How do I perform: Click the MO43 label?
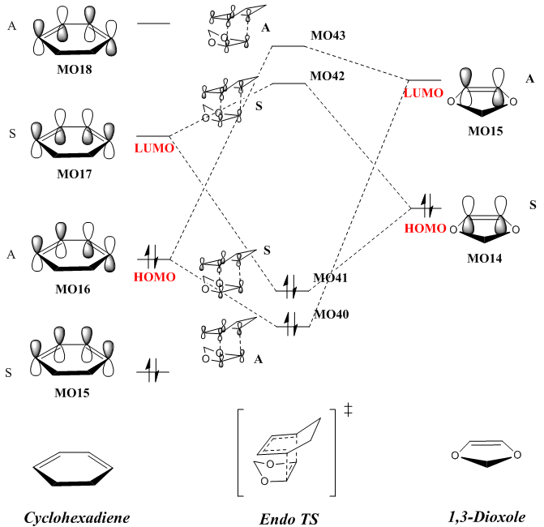[328, 36]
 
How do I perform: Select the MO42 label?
[328, 76]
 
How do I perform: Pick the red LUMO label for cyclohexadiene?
[154, 148]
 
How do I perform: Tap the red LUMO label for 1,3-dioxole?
[423, 93]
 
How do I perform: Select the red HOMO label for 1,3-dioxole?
[425, 229]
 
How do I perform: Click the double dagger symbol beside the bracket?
[349, 409]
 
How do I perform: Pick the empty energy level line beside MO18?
[153, 24]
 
